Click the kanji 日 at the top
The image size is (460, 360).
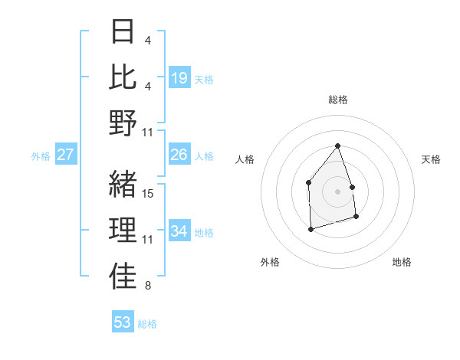coord(123,32)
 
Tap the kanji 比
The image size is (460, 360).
coord(123,77)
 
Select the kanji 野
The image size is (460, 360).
coord(123,123)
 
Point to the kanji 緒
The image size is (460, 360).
coord(123,185)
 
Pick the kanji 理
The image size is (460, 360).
coord(123,231)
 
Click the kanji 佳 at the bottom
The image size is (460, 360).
coord(123,276)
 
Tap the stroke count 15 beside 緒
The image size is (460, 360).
coord(149,194)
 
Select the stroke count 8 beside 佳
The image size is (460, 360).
coord(147,286)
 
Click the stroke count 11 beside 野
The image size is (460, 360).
coord(149,133)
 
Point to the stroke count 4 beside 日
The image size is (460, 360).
coord(147,40)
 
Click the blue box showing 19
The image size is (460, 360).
coord(179,78)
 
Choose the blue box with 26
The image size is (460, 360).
coord(179,155)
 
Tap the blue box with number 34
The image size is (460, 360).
coord(179,231)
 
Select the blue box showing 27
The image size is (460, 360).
coord(66,155)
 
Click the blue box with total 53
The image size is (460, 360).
coord(123,322)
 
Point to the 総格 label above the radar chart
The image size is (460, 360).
coord(337,100)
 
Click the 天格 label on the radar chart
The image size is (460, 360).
coord(431,159)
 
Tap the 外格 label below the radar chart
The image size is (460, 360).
coord(270,262)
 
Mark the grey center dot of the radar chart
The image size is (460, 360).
coord(337,191)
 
